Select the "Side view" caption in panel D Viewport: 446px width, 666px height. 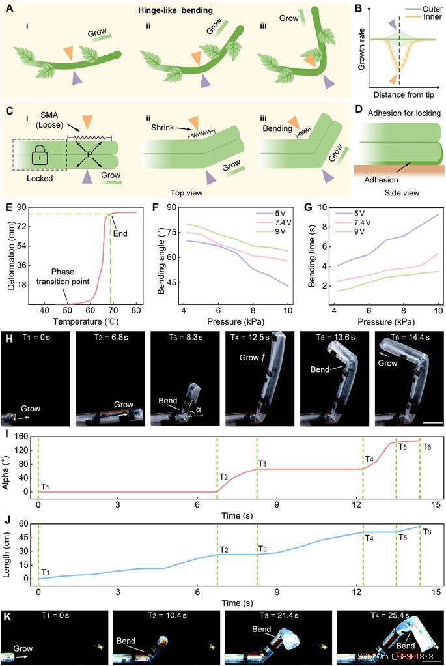tap(397, 194)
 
